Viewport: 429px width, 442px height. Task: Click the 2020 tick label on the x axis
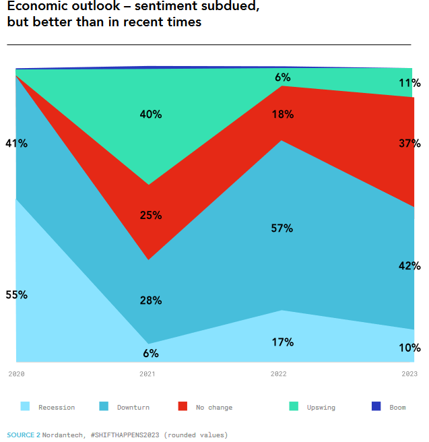tap(16, 374)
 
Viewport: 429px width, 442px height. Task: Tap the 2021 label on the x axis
tap(147, 374)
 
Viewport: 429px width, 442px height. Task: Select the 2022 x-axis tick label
tap(278, 374)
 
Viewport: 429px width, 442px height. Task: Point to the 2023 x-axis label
tap(409, 374)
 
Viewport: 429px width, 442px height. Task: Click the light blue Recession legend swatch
tap(26, 406)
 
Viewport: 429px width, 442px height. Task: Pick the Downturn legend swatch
tap(104, 406)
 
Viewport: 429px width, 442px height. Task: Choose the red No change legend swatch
tap(183, 406)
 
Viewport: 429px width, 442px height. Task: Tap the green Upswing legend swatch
tap(294, 406)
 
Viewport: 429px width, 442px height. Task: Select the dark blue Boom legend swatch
tap(376, 406)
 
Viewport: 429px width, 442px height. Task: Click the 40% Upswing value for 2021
tap(151, 115)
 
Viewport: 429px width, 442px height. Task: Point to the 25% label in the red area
tap(151, 216)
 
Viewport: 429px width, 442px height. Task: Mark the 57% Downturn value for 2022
tap(282, 228)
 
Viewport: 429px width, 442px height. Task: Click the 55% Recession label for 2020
tap(16, 295)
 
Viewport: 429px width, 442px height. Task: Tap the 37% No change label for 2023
tap(409, 144)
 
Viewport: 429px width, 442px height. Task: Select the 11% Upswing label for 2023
tap(409, 84)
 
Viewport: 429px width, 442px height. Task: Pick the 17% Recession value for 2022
tap(282, 342)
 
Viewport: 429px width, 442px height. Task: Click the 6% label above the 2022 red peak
tap(282, 77)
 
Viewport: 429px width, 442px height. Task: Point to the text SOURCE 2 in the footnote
tap(24, 435)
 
